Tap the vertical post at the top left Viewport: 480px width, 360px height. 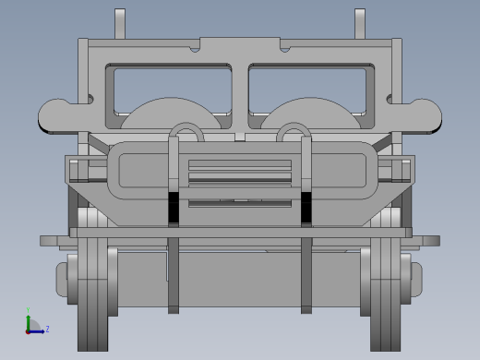click(x=120, y=23)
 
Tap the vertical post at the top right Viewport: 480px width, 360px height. click(x=360, y=23)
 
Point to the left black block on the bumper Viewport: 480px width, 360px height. click(x=174, y=207)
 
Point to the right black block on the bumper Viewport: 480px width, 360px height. click(x=306, y=207)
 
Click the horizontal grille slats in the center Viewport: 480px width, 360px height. click(x=240, y=172)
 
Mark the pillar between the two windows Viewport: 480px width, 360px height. click(x=240, y=97)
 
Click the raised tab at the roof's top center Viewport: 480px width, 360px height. click(x=240, y=42)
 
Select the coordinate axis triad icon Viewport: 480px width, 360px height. click(x=33, y=326)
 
